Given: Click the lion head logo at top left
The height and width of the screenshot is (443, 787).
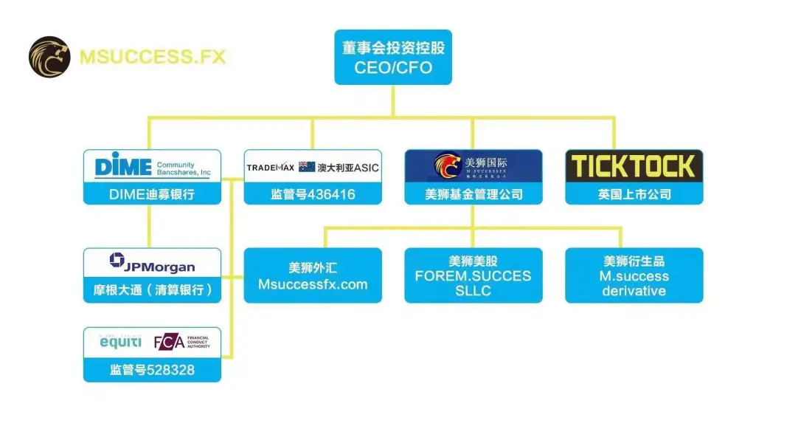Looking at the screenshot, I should pyautogui.click(x=49, y=57).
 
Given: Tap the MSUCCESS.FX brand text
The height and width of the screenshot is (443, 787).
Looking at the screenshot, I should pyautogui.click(x=152, y=57).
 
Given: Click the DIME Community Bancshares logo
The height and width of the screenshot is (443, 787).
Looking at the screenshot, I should pyautogui.click(x=152, y=167).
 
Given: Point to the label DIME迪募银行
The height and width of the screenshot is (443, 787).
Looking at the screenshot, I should pyautogui.click(x=152, y=195).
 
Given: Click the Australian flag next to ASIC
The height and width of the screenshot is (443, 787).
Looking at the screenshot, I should pyautogui.click(x=307, y=168).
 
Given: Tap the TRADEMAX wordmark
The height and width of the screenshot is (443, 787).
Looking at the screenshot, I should pyautogui.click(x=271, y=168).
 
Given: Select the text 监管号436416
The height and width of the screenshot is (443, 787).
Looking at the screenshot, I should pyautogui.click(x=313, y=195).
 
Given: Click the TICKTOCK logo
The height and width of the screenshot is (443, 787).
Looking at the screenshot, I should pyautogui.click(x=634, y=167).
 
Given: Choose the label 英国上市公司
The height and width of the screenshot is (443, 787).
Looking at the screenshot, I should pyautogui.click(x=634, y=195).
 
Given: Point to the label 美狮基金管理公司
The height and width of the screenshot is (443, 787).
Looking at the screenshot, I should pyautogui.click(x=474, y=195).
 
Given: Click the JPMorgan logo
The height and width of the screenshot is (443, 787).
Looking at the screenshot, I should pyautogui.click(x=152, y=263).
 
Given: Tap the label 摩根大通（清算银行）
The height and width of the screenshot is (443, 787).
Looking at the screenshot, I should pyautogui.click(x=152, y=290).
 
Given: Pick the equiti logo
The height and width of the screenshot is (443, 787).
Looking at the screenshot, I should pyautogui.click(x=120, y=343).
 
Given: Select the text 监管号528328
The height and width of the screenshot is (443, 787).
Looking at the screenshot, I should pyautogui.click(x=152, y=369).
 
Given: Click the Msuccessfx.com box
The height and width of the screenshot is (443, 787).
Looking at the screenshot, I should pyautogui.click(x=313, y=275).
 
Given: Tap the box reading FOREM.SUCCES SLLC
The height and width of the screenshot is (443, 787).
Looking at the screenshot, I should pyautogui.click(x=474, y=275).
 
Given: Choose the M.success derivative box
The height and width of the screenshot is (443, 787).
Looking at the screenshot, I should pyautogui.click(x=634, y=275).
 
